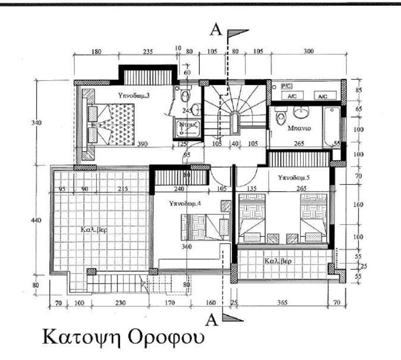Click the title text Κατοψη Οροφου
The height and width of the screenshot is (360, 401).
tap(123, 337)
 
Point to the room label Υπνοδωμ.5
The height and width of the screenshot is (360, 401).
tap(293, 178)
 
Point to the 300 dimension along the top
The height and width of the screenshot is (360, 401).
tap(308, 51)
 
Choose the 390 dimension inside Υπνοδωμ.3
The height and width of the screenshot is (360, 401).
tap(143, 144)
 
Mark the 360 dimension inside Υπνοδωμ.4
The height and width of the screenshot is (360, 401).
tap(186, 246)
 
